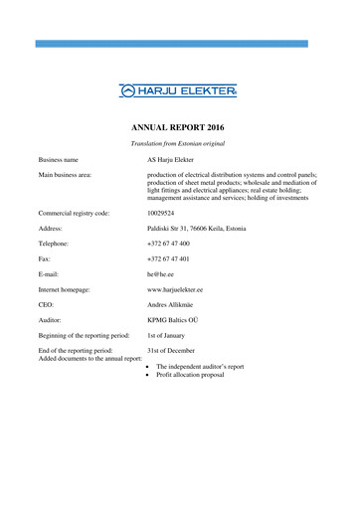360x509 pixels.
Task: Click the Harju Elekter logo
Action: [x=179, y=90]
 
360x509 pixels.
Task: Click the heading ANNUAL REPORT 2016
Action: [x=179, y=129]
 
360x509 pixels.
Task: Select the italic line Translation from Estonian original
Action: [x=179, y=145]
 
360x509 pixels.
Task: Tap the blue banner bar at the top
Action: [x=179, y=44]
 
